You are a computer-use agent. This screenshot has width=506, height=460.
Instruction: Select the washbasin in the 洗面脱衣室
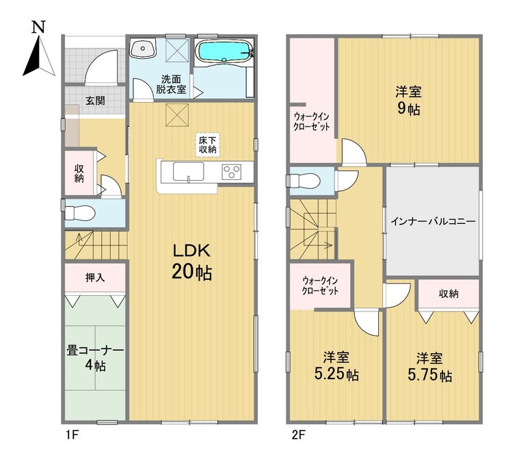pyautogui.click(x=143, y=49)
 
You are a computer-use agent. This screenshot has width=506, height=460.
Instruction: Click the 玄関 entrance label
pyautogui.click(x=95, y=101)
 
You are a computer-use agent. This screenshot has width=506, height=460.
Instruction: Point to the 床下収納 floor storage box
pyautogui.click(x=207, y=144)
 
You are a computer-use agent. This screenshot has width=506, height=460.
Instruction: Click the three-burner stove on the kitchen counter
pyautogui.click(x=231, y=172)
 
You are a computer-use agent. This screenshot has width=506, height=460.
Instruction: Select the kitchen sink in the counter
pyautogui.click(x=189, y=172)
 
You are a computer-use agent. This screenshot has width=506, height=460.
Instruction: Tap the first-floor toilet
pyautogui.click(x=80, y=213)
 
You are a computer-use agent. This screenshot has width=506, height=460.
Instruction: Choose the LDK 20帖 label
pyautogui.click(x=191, y=261)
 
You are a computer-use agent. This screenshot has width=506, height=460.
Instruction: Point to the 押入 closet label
pyautogui.click(x=95, y=277)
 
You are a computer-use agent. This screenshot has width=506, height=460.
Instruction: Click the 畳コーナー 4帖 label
pyautogui.click(x=95, y=358)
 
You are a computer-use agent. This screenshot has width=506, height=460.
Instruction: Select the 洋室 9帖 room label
pyautogui.click(x=408, y=101)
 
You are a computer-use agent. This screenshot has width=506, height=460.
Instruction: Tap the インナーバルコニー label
pyautogui.click(x=433, y=222)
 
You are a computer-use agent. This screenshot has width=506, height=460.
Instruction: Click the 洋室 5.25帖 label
pyautogui.click(x=336, y=367)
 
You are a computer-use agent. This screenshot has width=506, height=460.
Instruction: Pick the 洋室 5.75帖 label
pyautogui.click(x=430, y=367)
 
